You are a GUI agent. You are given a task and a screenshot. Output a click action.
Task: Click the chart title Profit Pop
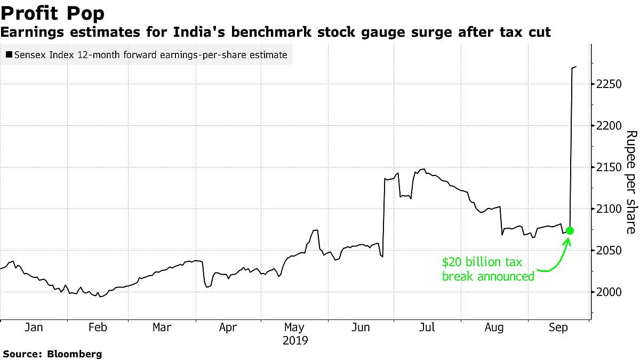(52, 13)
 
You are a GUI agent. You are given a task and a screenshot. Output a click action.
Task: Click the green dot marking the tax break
(570, 230)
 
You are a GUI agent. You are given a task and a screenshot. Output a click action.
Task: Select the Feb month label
(97, 327)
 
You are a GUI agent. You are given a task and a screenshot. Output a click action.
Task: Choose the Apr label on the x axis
(228, 327)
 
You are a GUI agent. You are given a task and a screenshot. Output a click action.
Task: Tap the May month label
(294, 327)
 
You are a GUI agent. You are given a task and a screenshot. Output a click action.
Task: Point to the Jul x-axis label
(426, 327)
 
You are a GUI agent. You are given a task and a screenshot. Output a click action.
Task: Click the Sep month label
(558, 327)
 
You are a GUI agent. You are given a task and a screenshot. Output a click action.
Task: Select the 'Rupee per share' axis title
(630, 182)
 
